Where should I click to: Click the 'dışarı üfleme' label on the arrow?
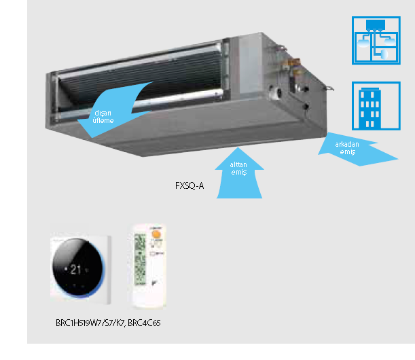(x=103, y=116)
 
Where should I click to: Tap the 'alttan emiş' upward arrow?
(x=238, y=173)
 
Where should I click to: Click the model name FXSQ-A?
(x=190, y=185)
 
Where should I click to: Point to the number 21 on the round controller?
(x=75, y=269)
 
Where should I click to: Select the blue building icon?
(x=372, y=105)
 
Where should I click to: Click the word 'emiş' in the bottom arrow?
(x=238, y=173)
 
